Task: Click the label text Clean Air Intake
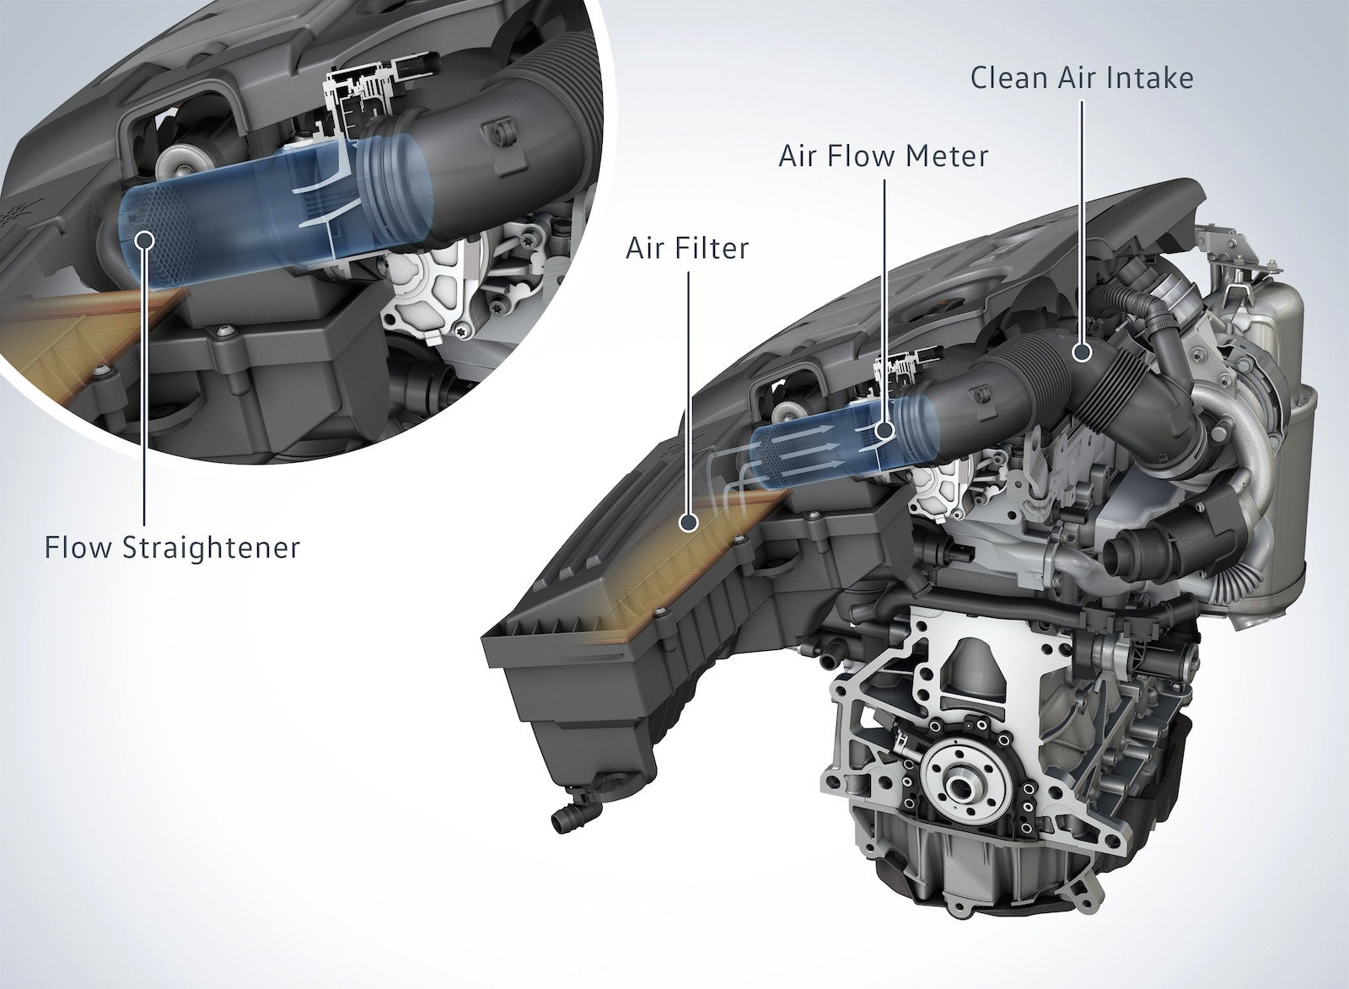(1082, 78)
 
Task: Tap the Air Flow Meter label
(883, 155)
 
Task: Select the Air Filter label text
(686, 248)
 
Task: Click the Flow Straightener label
(172, 548)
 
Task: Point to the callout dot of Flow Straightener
(146, 239)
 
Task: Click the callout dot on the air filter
(689, 523)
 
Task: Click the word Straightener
(212, 548)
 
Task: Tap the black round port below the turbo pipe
(1128, 552)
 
